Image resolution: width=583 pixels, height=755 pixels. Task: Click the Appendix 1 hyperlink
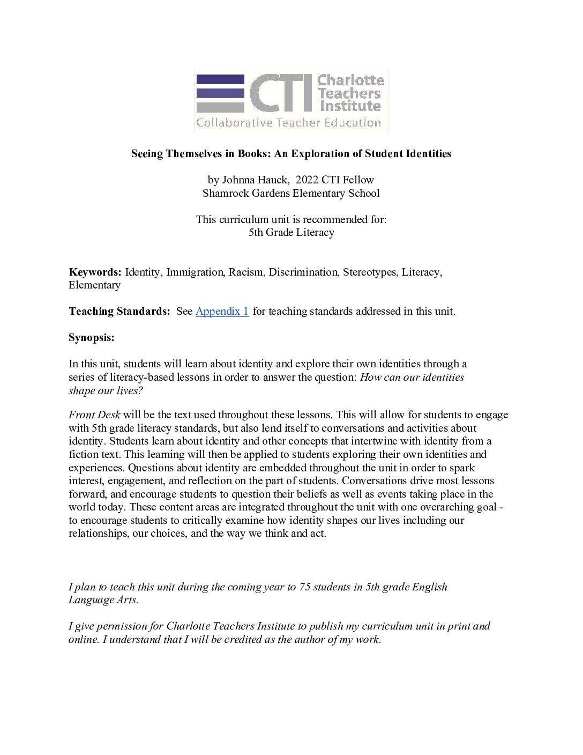pyautogui.click(x=222, y=312)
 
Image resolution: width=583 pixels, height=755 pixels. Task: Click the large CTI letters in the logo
pyautogui.click(x=281, y=93)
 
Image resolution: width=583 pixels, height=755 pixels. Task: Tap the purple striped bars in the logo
pyautogui.click(x=220, y=93)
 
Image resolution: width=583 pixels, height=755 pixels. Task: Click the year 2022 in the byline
pyautogui.click(x=307, y=180)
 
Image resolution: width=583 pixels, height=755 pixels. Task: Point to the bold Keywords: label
pyautogui.click(x=95, y=272)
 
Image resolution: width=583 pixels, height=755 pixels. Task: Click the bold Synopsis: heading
pyautogui.click(x=92, y=338)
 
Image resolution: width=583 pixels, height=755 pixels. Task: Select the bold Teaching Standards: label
pyautogui.click(x=119, y=312)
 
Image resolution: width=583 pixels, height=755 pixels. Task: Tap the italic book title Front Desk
pyautogui.click(x=94, y=415)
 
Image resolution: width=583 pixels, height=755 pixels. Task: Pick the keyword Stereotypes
pyautogui.click(x=370, y=272)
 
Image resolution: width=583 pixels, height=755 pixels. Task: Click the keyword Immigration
pyautogui.click(x=195, y=272)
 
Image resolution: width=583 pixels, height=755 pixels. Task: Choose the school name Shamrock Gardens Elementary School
pyautogui.click(x=291, y=194)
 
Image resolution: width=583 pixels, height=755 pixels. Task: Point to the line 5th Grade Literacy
pyautogui.click(x=291, y=233)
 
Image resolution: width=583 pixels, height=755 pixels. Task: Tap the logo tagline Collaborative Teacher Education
pyautogui.click(x=288, y=123)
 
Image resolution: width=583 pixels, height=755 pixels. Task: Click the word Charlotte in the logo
pyautogui.click(x=350, y=80)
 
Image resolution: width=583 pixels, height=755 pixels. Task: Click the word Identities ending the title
pyautogui.click(x=428, y=154)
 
